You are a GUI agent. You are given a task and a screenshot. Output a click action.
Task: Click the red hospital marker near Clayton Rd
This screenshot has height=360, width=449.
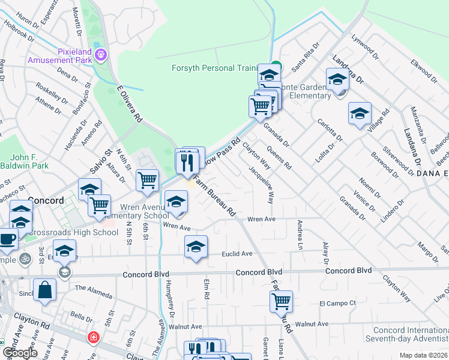click(x=92, y=337)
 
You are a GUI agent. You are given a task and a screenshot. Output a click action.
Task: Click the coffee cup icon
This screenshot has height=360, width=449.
click(x=7, y=239)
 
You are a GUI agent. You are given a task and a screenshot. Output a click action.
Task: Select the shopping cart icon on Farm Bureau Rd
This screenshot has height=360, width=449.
click(x=281, y=301)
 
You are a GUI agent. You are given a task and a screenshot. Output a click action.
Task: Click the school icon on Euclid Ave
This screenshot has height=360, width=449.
click(x=196, y=247)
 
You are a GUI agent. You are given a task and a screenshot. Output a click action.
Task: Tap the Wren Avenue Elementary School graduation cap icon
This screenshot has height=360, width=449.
click(x=176, y=202)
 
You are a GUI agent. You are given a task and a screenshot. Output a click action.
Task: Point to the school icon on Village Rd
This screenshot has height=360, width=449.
click(x=360, y=113)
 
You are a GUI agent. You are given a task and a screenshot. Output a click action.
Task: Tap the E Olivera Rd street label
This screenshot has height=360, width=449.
click(x=130, y=104)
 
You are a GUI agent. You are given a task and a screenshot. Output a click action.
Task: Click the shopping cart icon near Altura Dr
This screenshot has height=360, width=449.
click(x=147, y=181)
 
